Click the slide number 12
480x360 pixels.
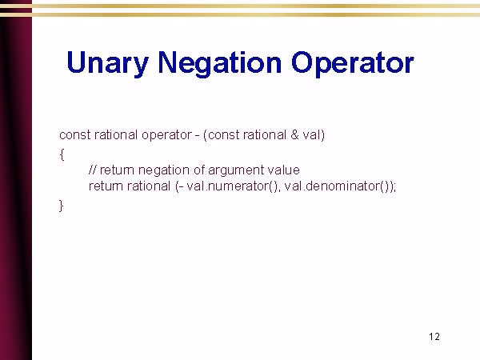pos(434,336)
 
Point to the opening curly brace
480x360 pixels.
pos(62,152)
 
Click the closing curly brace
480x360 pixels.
pos(62,205)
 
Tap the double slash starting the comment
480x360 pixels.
pos(92,170)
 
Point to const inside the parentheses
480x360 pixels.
pos(223,134)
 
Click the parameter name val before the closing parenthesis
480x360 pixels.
pos(310,134)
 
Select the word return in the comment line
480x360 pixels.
pos(116,170)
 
